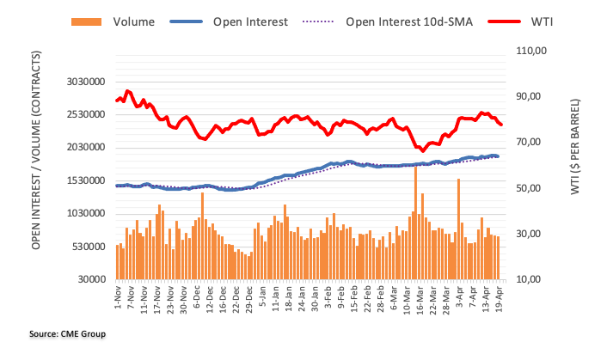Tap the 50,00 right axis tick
coord(526,188)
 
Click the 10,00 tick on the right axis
coord(526,280)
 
